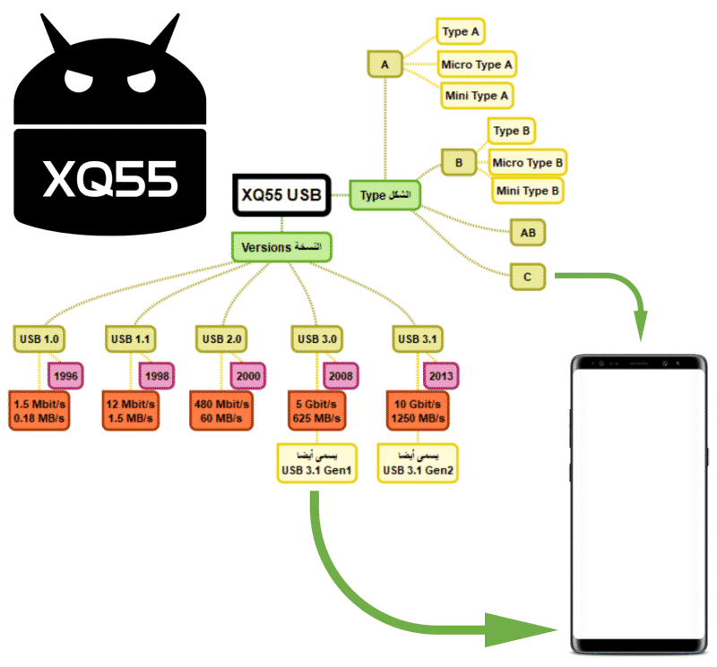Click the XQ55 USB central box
pos(281,194)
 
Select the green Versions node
pos(281,247)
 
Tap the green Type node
pos(384,195)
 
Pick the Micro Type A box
pos(477,64)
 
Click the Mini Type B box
pos(530,190)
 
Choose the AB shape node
pos(528,234)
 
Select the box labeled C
pos(528,278)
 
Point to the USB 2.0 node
pos(220,339)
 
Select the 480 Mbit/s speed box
pos(220,410)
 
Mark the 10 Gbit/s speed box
pos(415,410)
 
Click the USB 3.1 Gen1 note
pos(317,464)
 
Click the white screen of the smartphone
pos(640,501)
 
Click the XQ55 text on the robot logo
pos(111,178)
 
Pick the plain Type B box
pos(513,131)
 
